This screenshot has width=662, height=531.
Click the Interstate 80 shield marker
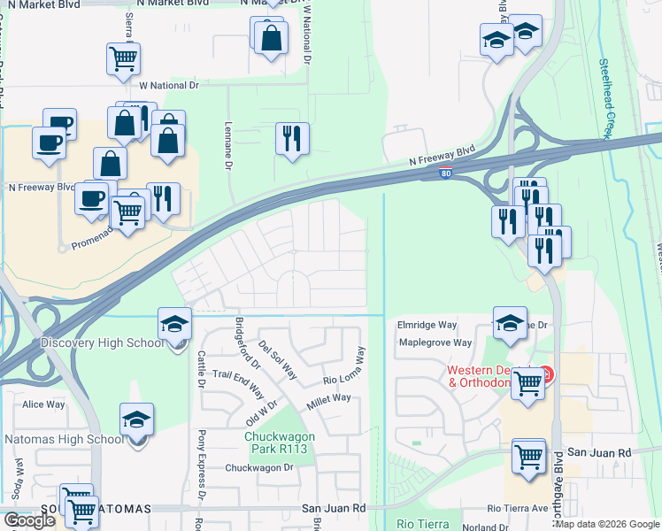tap(446, 175)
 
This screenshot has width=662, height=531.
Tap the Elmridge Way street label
tap(426, 325)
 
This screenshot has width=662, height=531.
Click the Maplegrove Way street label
tap(435, 342)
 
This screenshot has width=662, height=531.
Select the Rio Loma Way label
tap(344, 366)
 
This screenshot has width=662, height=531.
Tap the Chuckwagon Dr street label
tap(258, 467)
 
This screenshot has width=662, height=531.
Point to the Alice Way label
tap(44, 404)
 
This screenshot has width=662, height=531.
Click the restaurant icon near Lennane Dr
tap(292, 139)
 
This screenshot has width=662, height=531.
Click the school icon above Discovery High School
tap(175, 325)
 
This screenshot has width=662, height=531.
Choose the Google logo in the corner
tap(29, 520)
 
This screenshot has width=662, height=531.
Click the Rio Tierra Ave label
tap(519, 509)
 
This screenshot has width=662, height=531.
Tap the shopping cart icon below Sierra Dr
tap(123, 59)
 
